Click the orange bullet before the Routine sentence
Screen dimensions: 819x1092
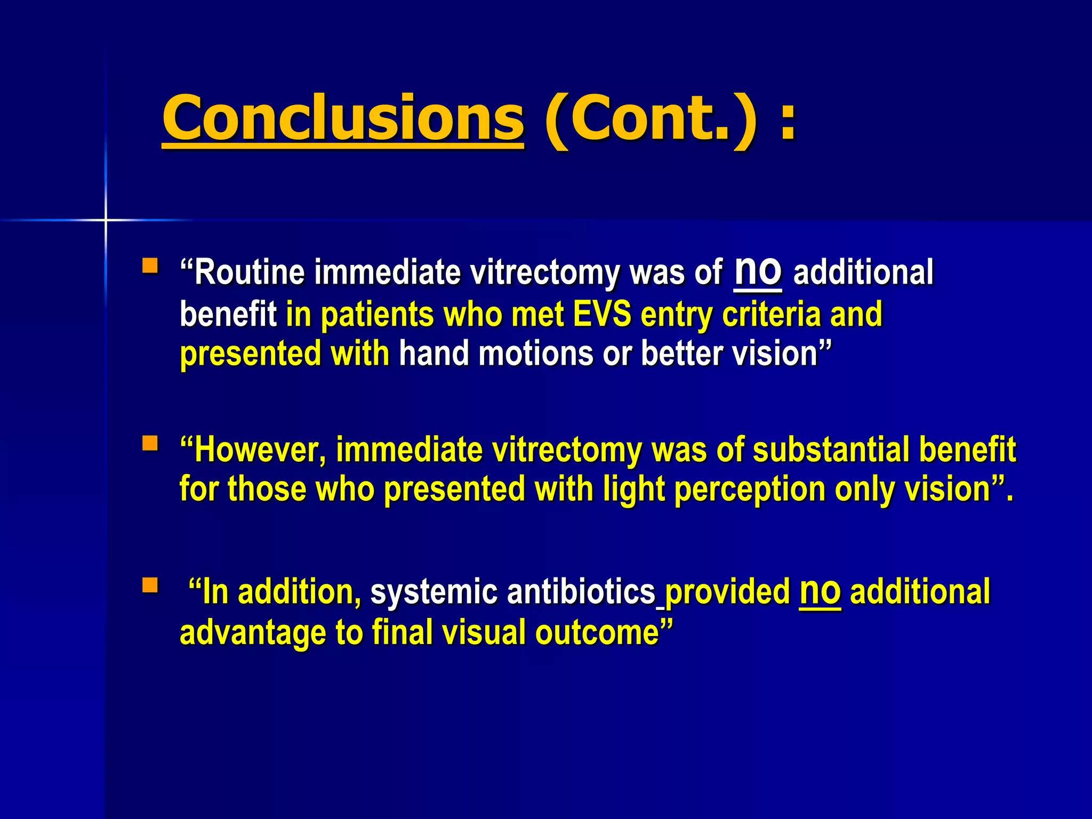click(150, 265)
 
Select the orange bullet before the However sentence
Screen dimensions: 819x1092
click(150, 443)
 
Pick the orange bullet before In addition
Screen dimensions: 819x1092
click(150, 585)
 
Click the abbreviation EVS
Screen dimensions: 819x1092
click(602, 314)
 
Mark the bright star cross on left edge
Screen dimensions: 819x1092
click(106, 220)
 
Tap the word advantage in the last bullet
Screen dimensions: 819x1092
click(253, 633)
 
